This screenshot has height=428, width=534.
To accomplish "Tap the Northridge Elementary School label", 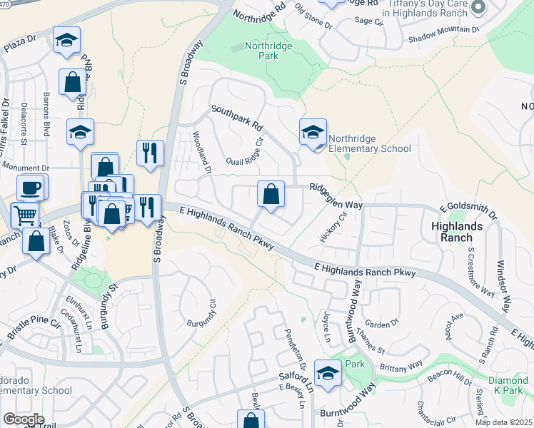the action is (x=369, y=143).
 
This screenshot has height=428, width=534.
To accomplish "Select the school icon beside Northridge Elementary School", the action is (x=313, y=133).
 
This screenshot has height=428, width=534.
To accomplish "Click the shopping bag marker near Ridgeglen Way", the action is (x=271, y=194).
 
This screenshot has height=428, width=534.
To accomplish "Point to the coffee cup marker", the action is (x=31, y=188).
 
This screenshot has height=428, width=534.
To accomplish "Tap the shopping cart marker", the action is (x=25, y=214).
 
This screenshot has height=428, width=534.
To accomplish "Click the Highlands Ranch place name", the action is (x=462, y=232).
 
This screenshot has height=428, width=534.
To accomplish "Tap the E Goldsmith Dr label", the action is (x=468, y=210).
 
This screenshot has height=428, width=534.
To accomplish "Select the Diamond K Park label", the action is (x=508, y=387).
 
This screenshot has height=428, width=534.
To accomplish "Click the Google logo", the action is (x=24, y=419).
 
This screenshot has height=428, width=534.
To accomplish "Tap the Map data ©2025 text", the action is (x=504, y=422).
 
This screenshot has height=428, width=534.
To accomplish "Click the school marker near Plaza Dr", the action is (x=66, y=41).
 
